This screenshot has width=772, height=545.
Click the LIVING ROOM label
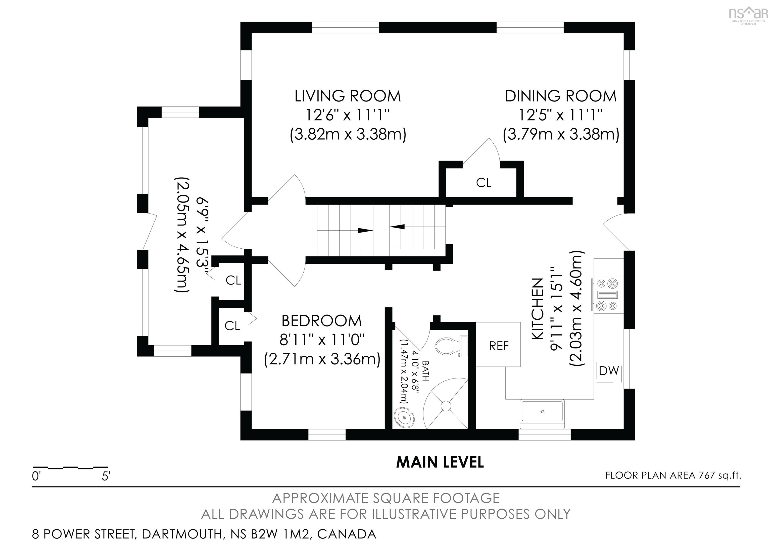tap(348, 96)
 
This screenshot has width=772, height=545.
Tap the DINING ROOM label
tap(560, 96)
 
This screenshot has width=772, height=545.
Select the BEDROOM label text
tap(321, 321)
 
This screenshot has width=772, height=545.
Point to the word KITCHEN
tap(537, 309)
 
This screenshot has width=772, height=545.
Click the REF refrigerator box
tap(498, 344)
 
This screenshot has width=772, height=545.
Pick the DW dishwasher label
tap(609, 371)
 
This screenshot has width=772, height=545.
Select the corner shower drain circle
tap(446, 406)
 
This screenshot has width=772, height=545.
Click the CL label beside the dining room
tap(484, 183)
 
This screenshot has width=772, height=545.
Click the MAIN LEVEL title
tap(440, 462)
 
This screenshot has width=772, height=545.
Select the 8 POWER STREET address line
tap(204, 534)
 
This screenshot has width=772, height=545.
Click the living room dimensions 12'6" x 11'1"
tap(347, 115)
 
